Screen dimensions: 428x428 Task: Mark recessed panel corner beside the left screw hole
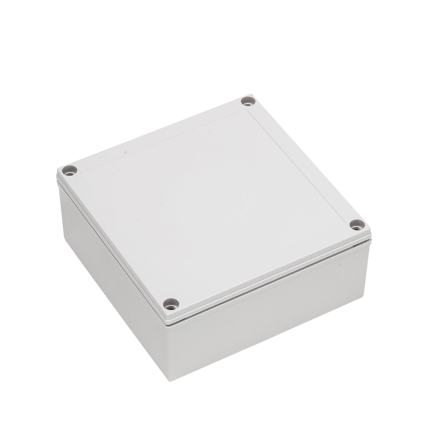(82, 172)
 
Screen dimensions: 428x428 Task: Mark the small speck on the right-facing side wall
(339, 268)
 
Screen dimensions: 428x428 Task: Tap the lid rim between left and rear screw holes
(155, 134)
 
